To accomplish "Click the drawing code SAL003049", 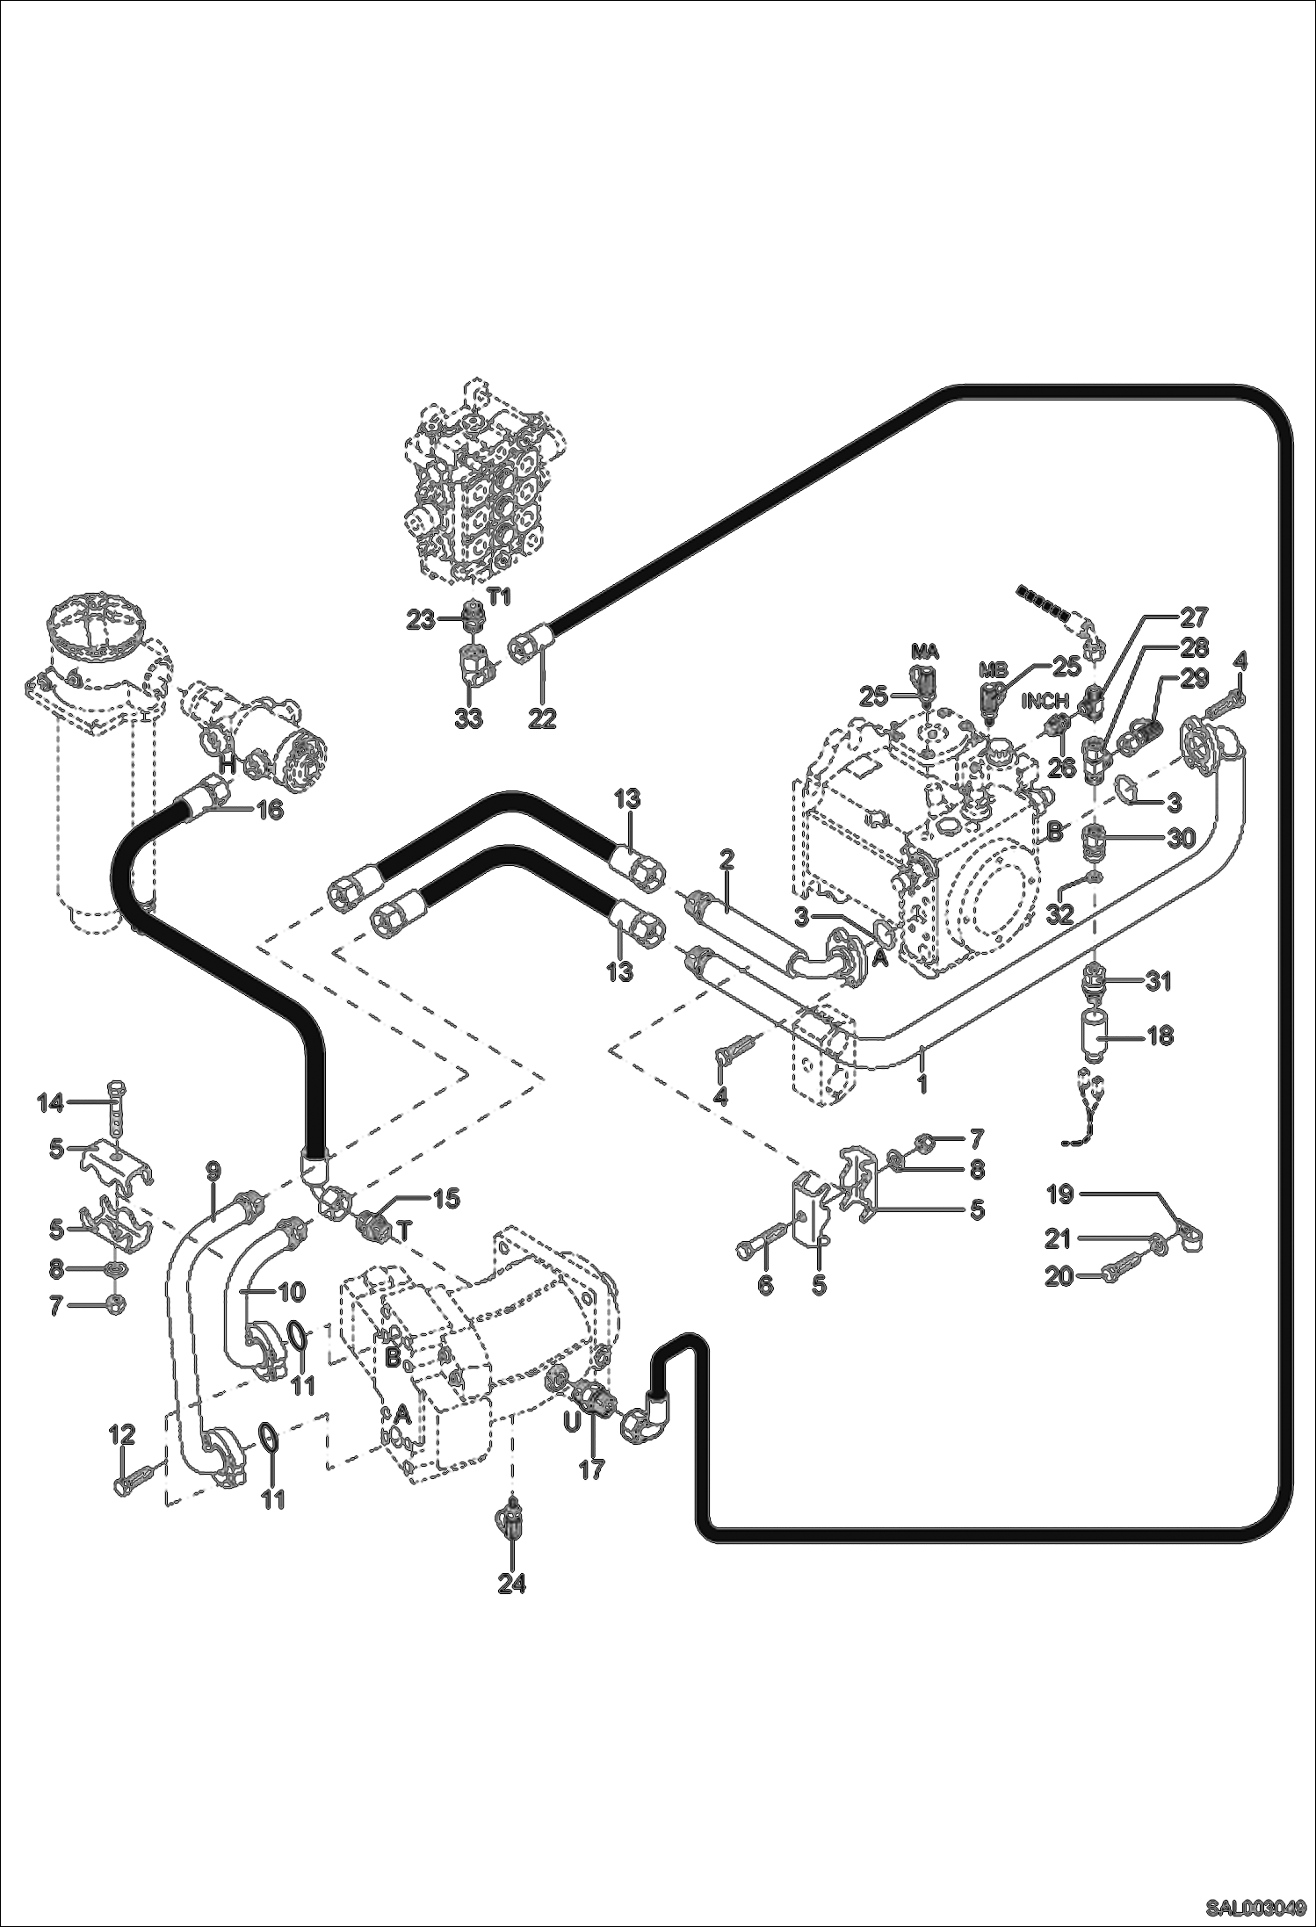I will tap(1255, 1907).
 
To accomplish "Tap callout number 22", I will tap(542, 718).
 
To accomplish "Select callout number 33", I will tap(468, 718).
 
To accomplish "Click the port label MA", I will tap(925, 652).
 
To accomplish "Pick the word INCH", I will tap(1045, 702).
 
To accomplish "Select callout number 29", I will tap(1194, 678).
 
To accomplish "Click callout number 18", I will tap(1160, 1036).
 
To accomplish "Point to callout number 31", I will tap(1159, 981).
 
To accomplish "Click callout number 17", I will tap(591, 1469).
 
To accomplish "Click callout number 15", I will tap(446, 1199).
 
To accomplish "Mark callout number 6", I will tap(765, 1286).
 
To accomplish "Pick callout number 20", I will tap(1059, 1275).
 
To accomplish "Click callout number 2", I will tap(727, 859).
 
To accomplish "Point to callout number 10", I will tap(293, 1291).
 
